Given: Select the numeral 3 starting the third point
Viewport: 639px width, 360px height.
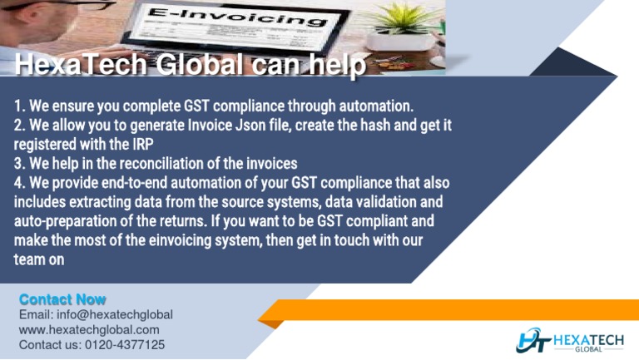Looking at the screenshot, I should pos(17,162).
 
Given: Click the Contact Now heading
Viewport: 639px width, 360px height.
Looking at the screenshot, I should pos(62,298).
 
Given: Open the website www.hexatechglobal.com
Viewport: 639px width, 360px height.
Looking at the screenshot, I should pos(89,330).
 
